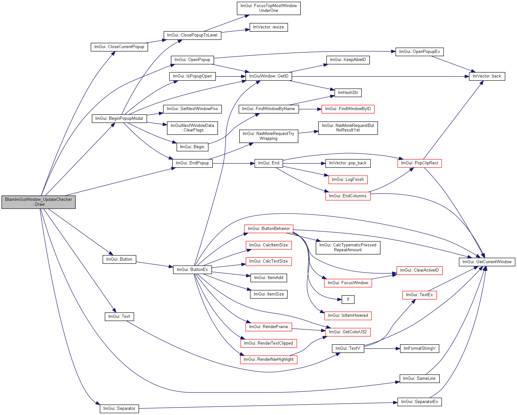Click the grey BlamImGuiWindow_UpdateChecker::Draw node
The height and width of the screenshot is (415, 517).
coord(38,202)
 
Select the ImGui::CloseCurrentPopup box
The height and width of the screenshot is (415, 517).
coord(119,47)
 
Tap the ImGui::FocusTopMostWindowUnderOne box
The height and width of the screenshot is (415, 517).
coord(269,8)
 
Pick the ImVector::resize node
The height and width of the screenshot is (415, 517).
coord(269,27)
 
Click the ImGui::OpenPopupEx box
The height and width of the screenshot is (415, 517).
coord(419,52)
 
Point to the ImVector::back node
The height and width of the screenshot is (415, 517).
coord(487,77)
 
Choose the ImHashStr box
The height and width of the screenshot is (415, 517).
coord(348,93)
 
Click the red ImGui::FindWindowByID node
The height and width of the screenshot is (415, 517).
coord(348,109)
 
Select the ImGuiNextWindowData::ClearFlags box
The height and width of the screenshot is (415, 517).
coord(192,128)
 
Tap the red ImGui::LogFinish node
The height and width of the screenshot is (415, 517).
coord(348,180)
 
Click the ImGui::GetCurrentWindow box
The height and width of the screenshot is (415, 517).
coord(487,262)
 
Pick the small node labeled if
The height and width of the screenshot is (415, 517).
coord(348,300)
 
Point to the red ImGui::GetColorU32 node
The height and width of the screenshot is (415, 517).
coord(348,332)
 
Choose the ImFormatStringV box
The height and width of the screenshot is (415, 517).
coord(419,348)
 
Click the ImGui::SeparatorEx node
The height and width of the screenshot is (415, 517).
coord(419,402)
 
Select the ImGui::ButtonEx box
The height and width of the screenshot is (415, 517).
coord(192,270)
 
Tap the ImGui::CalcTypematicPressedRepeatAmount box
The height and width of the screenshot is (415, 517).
coord(348,248)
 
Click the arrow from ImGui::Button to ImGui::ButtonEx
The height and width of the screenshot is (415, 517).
coord(155,265)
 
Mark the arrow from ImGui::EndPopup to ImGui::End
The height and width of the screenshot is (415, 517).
coord(233,163)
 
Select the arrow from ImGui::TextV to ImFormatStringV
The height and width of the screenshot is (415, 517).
coord(382,349)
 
